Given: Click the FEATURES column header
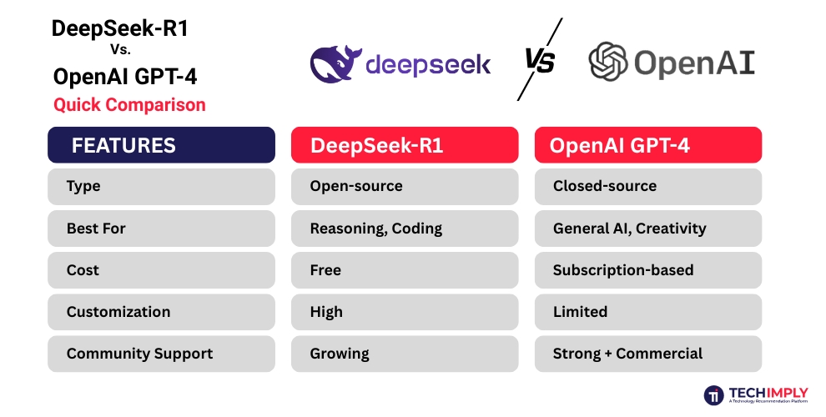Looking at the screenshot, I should point(161,145).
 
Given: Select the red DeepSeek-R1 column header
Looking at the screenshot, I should point(405,145).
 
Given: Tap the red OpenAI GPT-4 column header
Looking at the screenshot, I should point(648,145).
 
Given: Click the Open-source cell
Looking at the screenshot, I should point(405,187).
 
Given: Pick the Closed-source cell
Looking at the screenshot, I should point(648,187).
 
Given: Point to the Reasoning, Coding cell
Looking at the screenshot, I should point(405,229).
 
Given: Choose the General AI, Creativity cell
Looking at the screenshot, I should point(648,229).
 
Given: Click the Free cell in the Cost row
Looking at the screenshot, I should point(405,270).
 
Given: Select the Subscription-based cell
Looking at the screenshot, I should point(648,270).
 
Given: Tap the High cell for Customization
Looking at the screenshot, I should point(405,312).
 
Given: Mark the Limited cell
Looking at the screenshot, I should point(648,312).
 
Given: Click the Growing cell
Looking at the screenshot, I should point(405,354).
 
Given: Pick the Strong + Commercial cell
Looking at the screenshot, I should point(648,354).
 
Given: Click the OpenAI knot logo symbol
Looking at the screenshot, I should point(607,63).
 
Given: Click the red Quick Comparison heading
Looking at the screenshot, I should point(129,105).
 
